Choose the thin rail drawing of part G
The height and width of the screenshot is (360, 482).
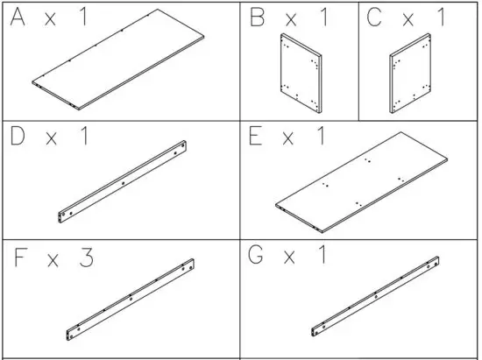[x=375, y=295]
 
